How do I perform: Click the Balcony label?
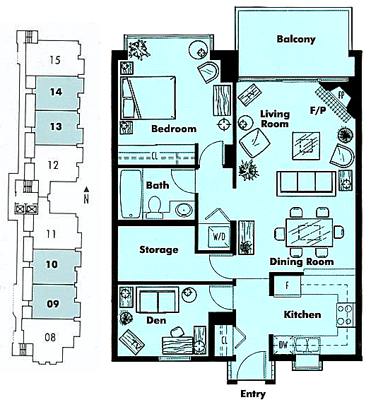coord(296,39)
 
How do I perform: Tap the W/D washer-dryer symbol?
coord(219,236)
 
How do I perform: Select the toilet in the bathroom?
coord(155,207)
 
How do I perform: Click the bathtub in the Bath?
coord(131,194)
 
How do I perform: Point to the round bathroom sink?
coord(184,209)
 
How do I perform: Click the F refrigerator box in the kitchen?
coord(287,286)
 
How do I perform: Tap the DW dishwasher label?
coord(283,345)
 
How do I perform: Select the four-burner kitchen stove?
coord(346,315)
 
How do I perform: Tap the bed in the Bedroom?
coord(148,98)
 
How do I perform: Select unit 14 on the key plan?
coord(57,92)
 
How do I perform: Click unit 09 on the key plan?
coord(53,303)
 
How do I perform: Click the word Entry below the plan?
coord(253,394)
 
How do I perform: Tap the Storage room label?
coord(159,249)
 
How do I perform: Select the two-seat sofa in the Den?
coord(158,300)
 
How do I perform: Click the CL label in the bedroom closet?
coord(155,156)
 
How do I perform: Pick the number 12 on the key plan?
coord(53,165)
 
